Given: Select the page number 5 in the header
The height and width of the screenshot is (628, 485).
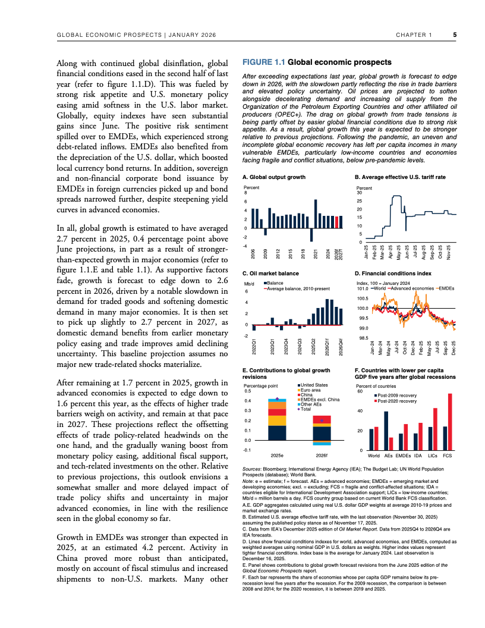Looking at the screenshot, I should (x=455, y=34).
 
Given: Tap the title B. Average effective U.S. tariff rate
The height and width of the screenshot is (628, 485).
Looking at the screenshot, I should (x=400, y=177).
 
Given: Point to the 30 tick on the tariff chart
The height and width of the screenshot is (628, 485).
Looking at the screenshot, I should (x=358, y=193).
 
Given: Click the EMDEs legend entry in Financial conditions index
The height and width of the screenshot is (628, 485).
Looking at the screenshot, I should (x=446, y=288).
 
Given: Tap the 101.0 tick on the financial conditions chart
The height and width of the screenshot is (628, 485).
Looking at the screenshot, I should (x=362, y=288).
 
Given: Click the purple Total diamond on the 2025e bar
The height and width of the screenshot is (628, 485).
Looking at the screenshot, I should (x=277, y=398).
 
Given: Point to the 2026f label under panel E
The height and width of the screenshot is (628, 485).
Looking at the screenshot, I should (x=322, y=455).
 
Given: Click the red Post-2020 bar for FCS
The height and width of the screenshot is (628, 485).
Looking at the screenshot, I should (x=450, y=422).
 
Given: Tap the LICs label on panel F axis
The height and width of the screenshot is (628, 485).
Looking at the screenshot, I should (x=433, y=455).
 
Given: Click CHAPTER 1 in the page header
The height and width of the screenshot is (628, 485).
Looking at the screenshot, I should (x=414, y=34).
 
